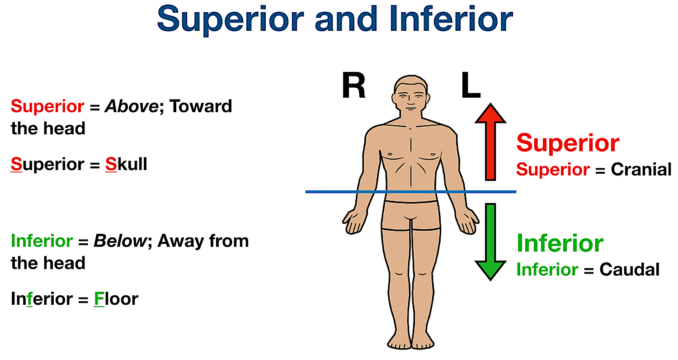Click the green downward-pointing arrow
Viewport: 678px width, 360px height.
490,242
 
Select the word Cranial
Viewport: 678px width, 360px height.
641,170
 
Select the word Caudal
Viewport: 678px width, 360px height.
629,270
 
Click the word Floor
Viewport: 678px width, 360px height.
116,299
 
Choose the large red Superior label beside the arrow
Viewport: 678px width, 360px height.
568,143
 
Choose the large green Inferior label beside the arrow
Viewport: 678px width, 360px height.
560,243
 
